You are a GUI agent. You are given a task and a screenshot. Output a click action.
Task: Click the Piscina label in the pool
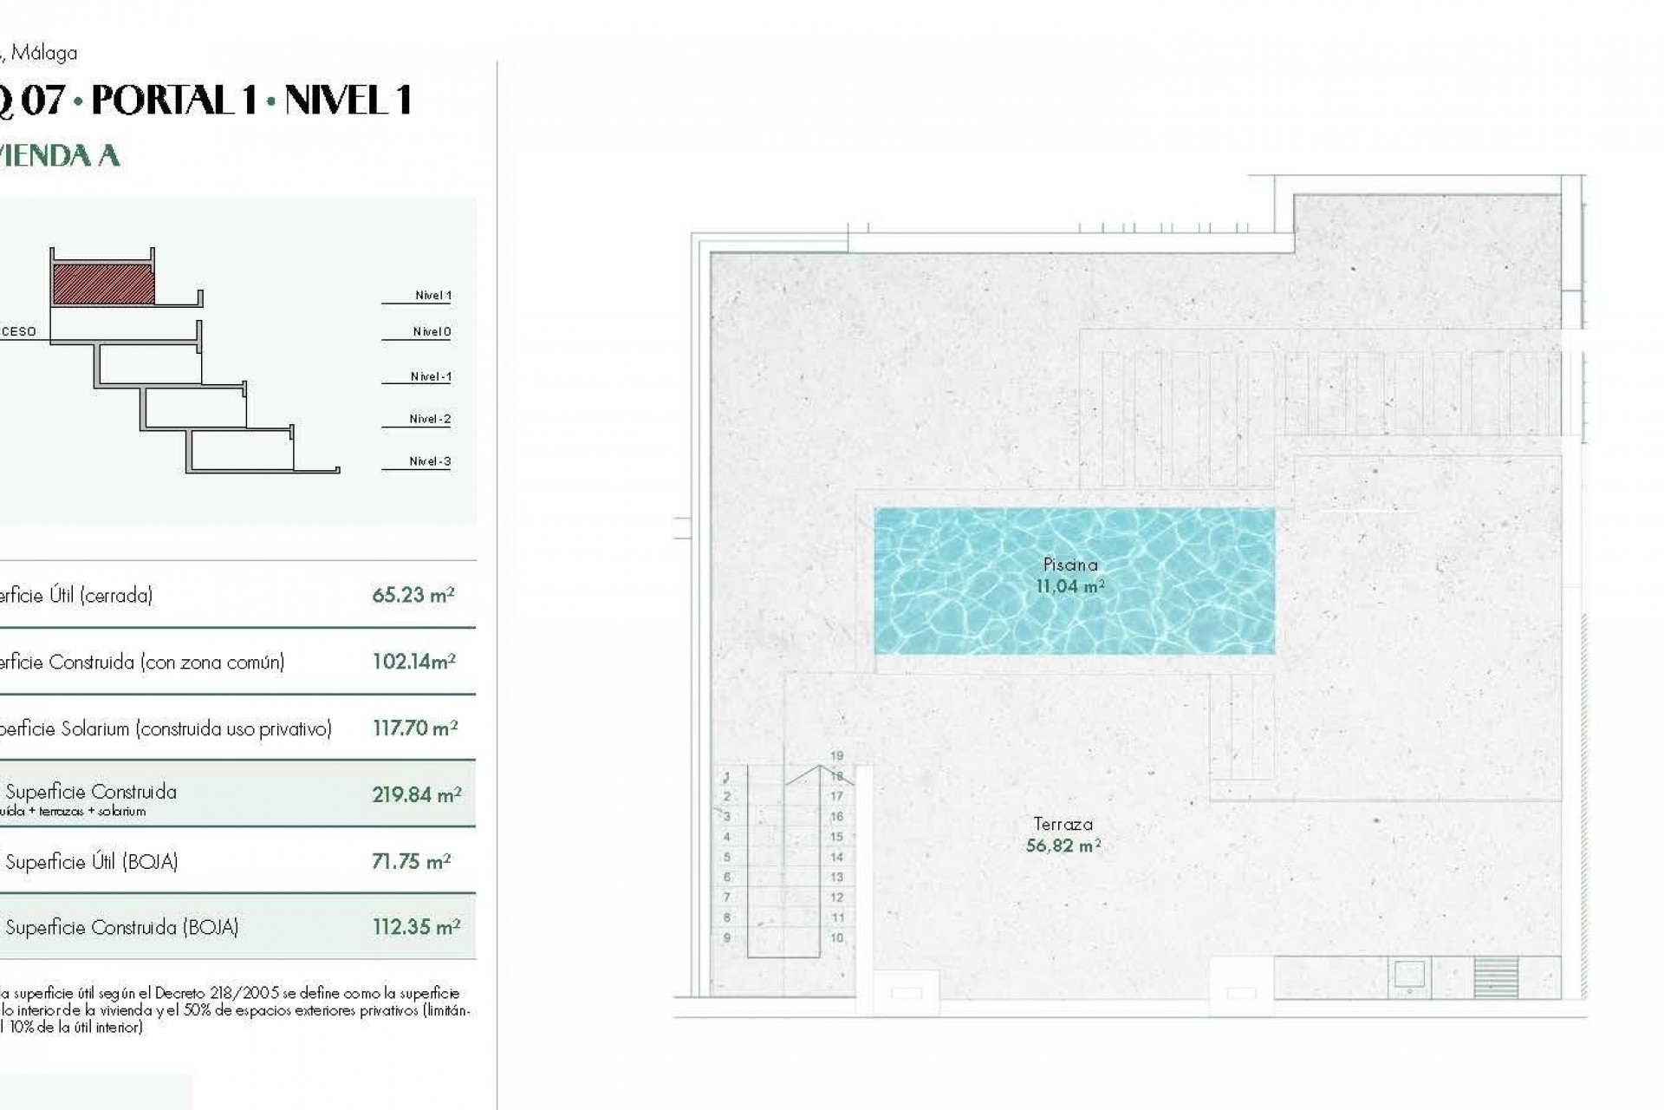pos(1070,565)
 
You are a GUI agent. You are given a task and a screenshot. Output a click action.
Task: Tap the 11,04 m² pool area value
pos(1070,586)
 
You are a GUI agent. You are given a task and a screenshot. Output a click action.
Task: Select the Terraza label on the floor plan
pos(1063,824)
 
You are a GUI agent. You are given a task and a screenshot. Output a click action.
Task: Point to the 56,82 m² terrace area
pos(1063,845)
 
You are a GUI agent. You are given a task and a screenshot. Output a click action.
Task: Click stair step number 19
pos(836,756)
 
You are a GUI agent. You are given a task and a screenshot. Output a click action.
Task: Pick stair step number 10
pos(836,937)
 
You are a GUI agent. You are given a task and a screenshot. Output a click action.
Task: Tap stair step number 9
pos(727,937)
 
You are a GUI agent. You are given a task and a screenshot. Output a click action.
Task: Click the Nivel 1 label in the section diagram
pos(432,296)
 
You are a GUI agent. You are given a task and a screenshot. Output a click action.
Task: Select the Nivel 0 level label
pos(432,332)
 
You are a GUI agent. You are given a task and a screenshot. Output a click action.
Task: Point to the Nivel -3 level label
pos(430,461)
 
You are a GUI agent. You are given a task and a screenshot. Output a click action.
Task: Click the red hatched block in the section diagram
pos(103,284)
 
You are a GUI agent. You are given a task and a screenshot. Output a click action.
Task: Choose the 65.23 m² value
pos(413,595)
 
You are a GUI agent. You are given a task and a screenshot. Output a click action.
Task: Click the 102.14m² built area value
pos(414,662)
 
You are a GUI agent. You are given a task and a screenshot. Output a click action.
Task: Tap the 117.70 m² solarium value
pos(415,728)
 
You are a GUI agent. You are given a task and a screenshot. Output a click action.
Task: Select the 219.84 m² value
pos(416,794)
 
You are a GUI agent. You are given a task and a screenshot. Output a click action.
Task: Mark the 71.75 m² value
pos(412,861)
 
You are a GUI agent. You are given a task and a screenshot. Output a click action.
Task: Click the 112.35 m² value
pos(416,927)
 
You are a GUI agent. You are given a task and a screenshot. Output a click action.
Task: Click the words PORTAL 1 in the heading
pos(174,101)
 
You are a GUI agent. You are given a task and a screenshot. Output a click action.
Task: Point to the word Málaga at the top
pos(44,53)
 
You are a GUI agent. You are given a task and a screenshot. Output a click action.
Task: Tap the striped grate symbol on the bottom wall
pos(1496,976)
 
